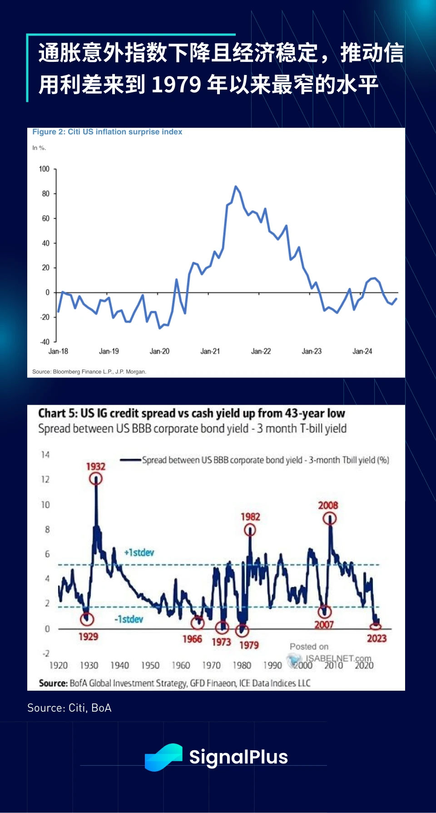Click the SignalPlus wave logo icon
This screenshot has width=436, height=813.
(163, 757)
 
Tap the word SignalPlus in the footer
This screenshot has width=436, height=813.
(238, 757)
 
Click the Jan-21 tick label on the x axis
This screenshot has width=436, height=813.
(210, 351)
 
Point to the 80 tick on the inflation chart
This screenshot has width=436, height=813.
(45, 194)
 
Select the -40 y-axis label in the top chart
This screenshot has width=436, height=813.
(45, 342)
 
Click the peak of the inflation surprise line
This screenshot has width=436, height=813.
(235, 186)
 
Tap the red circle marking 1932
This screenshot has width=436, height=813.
(96, 478)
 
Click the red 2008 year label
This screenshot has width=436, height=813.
(328, 506)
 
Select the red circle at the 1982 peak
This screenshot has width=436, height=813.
(250, 530)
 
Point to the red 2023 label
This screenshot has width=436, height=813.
(377, 638)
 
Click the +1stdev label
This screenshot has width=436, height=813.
(139, 552)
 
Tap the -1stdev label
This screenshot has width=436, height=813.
(129, 619)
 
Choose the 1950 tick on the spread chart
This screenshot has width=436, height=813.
(150, 666)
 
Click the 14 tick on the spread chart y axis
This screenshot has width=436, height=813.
(45, 455)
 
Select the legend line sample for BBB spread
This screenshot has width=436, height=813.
(130, 460)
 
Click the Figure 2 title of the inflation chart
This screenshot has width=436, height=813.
(107, 132)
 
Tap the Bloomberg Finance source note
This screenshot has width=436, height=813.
(89, 372)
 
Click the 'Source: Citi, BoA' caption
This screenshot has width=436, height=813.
(69, 708)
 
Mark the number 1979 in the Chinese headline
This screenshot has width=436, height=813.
(176, 85)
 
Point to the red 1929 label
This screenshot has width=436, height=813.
(88, 637)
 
